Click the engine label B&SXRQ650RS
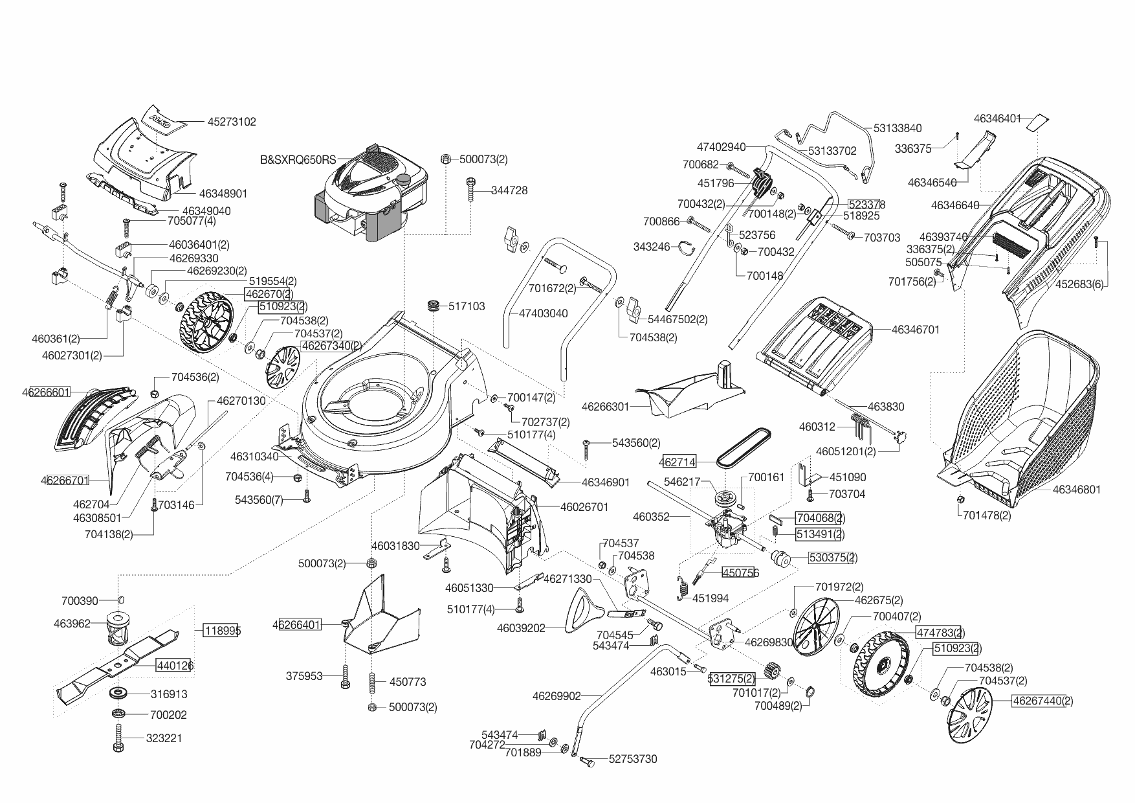pyautogui.click(x=298, y=159)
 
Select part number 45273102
pyautogui.click(x=232, y=121)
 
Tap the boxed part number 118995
pyautogui.click(x=221, y=630)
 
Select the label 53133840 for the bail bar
pyautogui.click(x=897, y=128)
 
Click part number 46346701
pyautogui.click(x=915, y=329)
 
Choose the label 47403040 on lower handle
pyautogui.click(x=544, y=313)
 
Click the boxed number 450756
pyautogui.click(x=740, y=573)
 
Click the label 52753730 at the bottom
pyautogui.click(x=632, y=759)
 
